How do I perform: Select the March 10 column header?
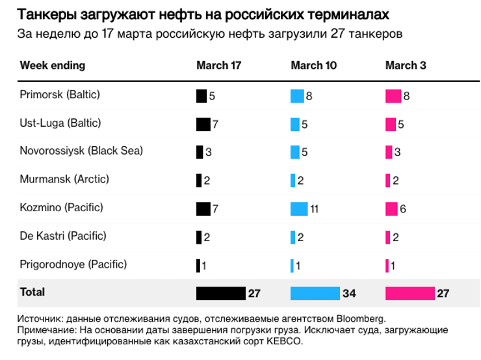point(313,66)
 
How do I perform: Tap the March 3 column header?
point(406,66)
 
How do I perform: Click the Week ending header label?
point(53,66)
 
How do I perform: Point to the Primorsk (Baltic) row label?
point(60,95)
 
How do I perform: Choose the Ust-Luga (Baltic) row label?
point(60,123)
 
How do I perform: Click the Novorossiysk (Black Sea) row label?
point(81,151)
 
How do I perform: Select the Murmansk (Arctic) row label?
point(64,179)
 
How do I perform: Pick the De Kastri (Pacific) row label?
point(63,236)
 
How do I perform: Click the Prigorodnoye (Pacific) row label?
point(73,264)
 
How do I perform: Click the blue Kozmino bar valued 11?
point(299,209)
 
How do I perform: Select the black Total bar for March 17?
point(220,293)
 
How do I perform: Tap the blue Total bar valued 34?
point(315,293)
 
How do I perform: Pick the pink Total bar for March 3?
point(409,293)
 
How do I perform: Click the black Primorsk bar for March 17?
point(201,96)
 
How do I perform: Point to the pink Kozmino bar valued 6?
point(391,209)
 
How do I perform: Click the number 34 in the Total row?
point(349,294)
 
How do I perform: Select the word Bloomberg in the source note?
point(361,319)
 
